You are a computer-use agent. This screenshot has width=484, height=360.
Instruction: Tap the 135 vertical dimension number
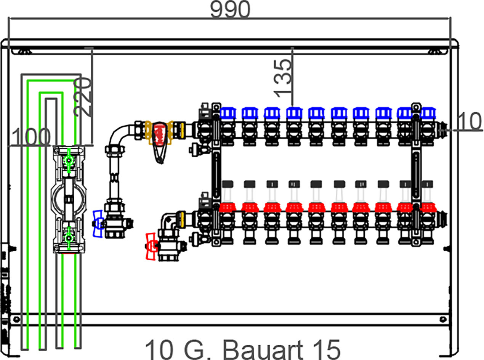(x=282, y=78)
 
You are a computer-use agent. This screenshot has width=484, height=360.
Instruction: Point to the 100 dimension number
(x=31, y=137)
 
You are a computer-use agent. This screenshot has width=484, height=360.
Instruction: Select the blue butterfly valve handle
(x=98, y=223)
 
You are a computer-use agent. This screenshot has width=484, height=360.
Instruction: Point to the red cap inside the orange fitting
(x=159, y=134)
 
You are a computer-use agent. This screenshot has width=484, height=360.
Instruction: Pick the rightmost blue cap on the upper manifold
(x=428, y=113)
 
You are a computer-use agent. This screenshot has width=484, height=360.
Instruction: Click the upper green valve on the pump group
(x=69, y=161)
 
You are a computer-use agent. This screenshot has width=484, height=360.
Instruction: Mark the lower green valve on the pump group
(x=69, y=238)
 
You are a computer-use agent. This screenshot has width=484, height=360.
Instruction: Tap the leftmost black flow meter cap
(x=228, y=184)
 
